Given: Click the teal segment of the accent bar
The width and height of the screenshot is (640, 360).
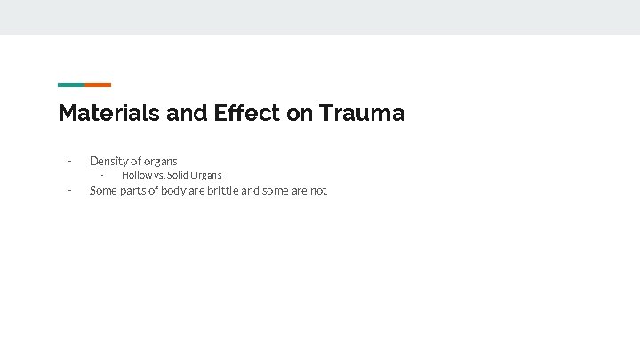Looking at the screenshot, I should tap(71, 84).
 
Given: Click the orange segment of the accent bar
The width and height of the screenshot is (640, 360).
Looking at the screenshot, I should tap(98, 84).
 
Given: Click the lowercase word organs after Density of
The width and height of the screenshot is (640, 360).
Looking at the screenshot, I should tap(161, 161).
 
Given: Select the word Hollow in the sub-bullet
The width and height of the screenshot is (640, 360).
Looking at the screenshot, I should tap(136, 175).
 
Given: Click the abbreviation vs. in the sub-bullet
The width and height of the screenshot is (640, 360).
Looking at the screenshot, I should tap(160, 175).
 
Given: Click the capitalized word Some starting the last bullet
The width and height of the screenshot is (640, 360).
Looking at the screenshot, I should tap(103, 190).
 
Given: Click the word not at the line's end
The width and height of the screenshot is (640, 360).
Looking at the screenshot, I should tap(318, 190).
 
